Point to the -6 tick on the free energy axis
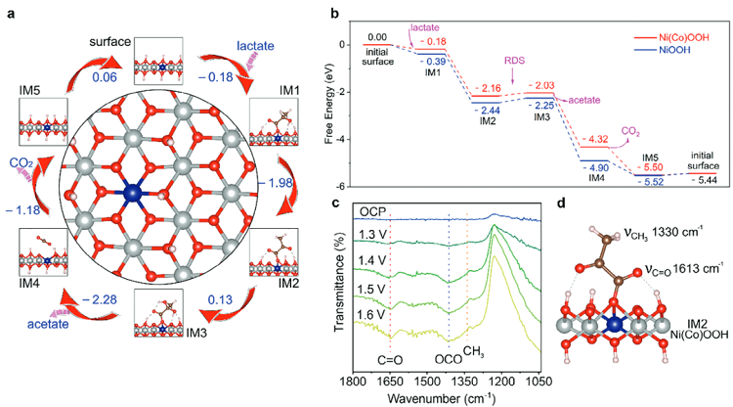click(342, 186)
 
